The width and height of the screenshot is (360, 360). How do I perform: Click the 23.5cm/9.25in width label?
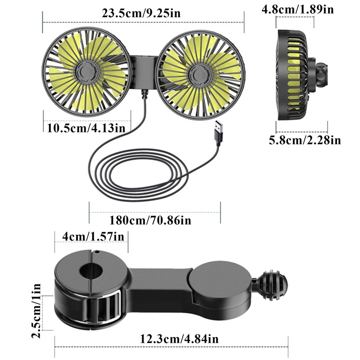click(141, 13)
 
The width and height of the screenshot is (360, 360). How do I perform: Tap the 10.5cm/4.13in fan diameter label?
click(86, 128)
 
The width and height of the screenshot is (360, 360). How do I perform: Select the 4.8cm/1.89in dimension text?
click(298, 9)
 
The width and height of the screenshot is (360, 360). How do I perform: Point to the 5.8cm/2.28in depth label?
click(305, 140)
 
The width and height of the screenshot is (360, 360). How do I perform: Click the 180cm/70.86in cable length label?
click(150, 220)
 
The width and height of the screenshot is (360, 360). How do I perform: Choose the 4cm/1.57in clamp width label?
click(93, 237)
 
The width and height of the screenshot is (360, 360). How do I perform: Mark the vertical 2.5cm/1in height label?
click(36, 311)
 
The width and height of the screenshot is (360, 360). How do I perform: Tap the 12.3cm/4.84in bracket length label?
click(179, 339)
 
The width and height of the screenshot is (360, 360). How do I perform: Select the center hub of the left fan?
click(87, 72)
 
